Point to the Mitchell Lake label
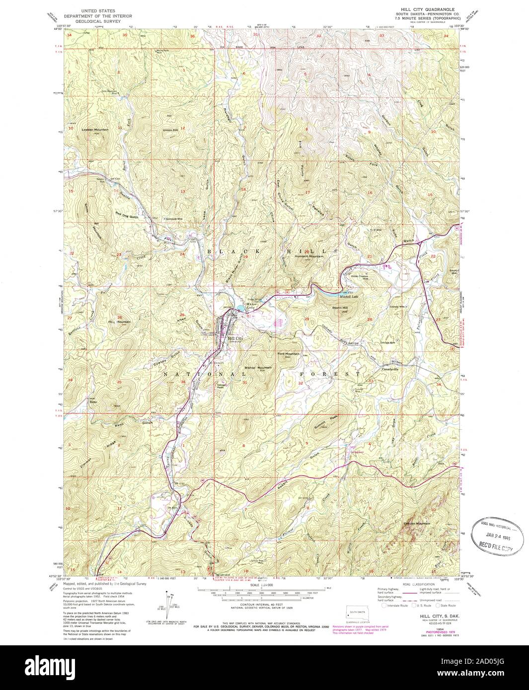[349, 297]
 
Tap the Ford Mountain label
[289, 353]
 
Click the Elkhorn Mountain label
[417, 523]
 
